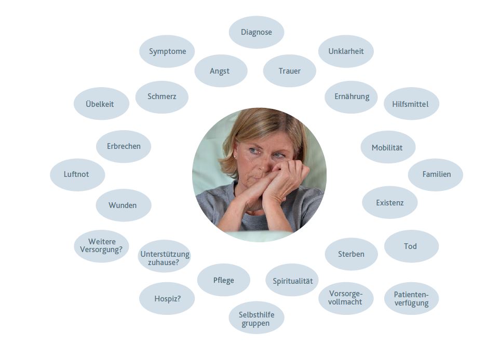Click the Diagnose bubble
point(256,32)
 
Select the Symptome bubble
point(167,51)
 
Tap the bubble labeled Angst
point(221,71)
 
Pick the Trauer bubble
point(290,71)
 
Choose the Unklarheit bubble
point(346,51)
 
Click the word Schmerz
point(162,96)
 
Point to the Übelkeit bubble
point(101,104)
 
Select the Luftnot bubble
point(77,175)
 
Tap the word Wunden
point(123,205)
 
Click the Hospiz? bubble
point(167,298)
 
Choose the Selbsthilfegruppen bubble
point(256,317)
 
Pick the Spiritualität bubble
point(292,280)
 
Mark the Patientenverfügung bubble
point(411,298)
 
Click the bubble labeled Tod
point(411,246)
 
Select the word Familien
point(436,174)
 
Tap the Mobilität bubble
point(388,147)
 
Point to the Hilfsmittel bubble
point(411,104)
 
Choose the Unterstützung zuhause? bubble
point(164,256)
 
